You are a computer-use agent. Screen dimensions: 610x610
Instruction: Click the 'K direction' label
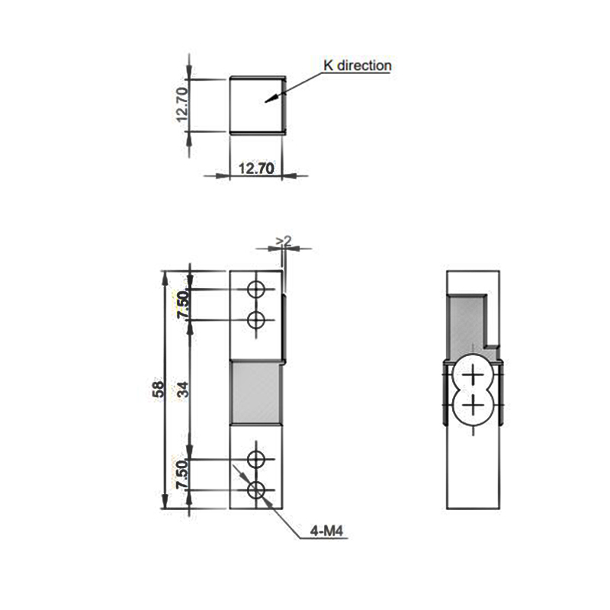click(357, 66)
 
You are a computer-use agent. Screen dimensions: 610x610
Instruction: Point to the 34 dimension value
click(181, 390)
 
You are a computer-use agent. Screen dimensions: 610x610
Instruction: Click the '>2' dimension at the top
click(284, 241)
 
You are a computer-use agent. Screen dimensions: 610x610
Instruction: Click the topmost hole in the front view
click(258, 290)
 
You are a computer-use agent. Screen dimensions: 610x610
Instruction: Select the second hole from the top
click(258, 319)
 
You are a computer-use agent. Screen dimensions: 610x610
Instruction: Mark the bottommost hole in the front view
click(258, 489)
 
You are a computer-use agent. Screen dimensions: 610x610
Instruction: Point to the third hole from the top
click(258, 460)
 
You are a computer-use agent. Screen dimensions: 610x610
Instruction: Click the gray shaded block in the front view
click(257, 392)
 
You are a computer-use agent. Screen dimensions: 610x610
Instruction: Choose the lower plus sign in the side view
click(474, 403)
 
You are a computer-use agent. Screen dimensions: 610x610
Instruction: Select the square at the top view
click(257, 105)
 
